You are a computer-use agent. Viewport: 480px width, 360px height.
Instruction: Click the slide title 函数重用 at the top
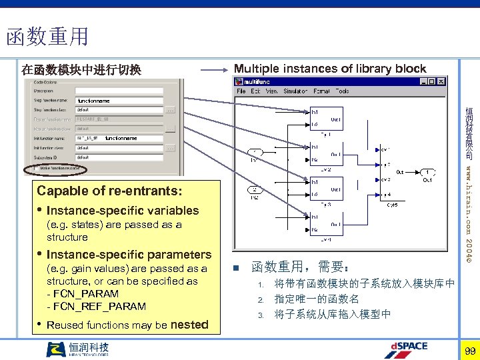pos(47,36)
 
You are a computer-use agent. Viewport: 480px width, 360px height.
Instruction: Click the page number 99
pos(470,351)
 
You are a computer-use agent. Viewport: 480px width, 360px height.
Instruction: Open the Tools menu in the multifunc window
pos(342,91)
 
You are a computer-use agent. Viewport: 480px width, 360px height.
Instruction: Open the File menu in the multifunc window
pos(241,91)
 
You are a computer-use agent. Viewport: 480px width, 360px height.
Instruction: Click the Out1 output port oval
pos(427,171)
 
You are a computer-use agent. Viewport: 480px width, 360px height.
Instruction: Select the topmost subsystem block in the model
pos(327,119)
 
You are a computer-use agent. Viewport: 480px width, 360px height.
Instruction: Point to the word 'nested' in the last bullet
pos(190,325)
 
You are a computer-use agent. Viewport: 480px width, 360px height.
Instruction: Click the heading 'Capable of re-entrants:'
pos(109,191)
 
